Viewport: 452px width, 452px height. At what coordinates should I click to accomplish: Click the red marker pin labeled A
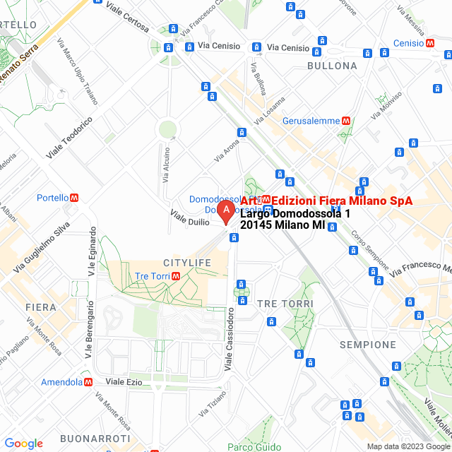225,210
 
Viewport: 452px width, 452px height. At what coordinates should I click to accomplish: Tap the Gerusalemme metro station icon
346,120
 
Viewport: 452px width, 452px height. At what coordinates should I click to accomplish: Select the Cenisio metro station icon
430,43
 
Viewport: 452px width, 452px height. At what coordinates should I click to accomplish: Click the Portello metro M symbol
74,198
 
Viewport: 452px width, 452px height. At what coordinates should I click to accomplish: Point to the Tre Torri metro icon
174,275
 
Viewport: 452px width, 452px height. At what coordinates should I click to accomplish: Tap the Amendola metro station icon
88,381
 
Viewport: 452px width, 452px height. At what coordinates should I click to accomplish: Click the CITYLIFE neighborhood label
186,263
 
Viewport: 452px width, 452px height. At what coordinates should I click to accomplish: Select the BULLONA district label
332,66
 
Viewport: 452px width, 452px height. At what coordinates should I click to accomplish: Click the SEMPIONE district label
367,345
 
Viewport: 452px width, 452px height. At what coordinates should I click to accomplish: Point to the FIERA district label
40,307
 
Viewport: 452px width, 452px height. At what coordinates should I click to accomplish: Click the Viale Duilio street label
190,217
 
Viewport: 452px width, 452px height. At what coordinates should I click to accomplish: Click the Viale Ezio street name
124,381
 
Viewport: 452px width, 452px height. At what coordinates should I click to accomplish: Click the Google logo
23,443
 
